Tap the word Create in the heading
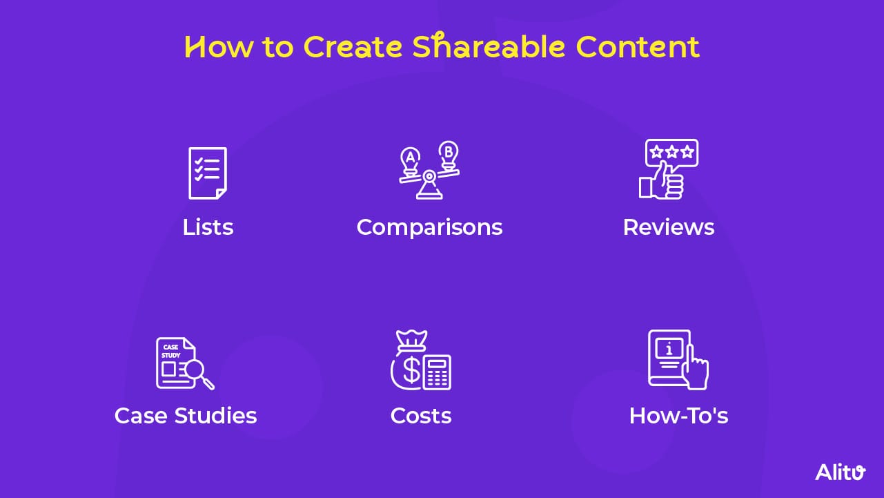click(x=353, y=47)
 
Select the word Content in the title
click(x=638, y=47)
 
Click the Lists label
click(x=208, y=227)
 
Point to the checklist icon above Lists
click(x=207, y=172)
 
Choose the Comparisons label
click(x=429, y=227)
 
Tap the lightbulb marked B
click(x=449, y=153)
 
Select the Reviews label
click(x=668, y=227)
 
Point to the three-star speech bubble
click(x=671, y=153)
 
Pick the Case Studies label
click(x=186, y=416)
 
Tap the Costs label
click(x=421, y=416)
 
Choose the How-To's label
click(x=678, y=416)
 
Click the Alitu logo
click(x=840, y=472)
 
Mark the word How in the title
click(x=213, y=47)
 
